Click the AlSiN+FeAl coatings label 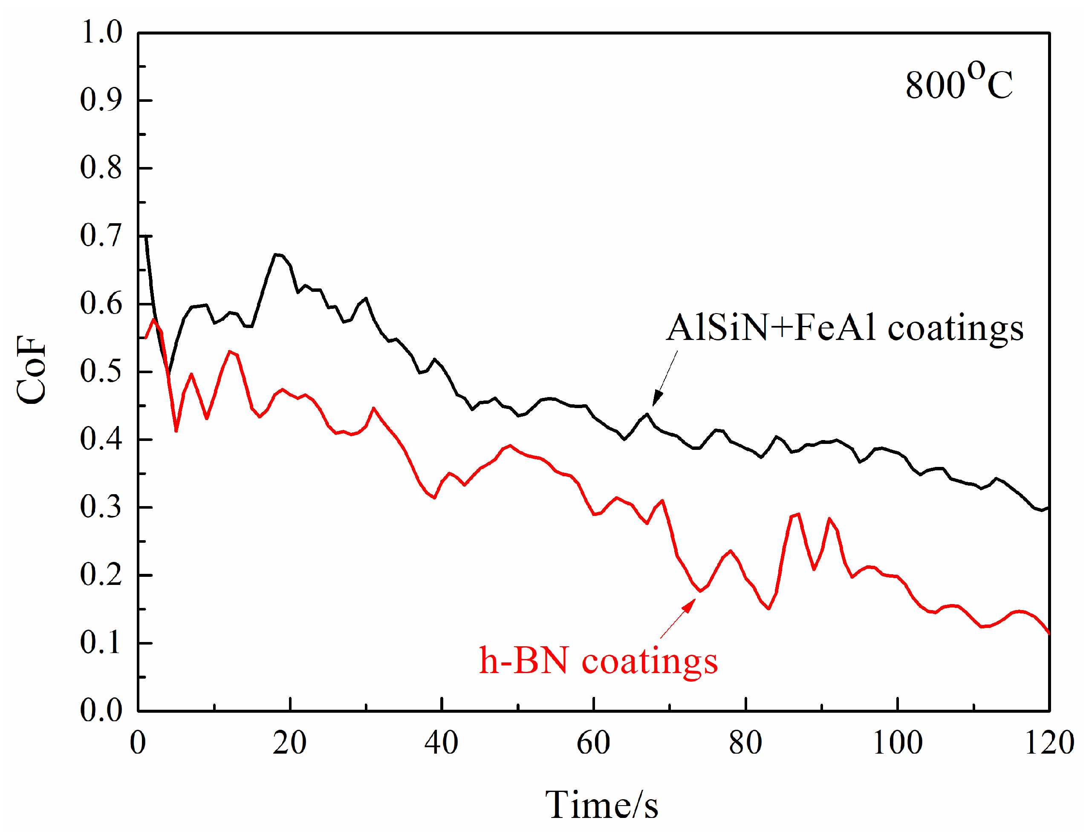(x=844, y=328)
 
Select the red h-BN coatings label (x=598, y=661)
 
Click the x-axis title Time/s (x=601, y=805)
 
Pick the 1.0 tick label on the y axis (x=101, y=33)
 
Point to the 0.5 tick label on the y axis (x=101, y=371)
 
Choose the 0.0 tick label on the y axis (x=101, y=710)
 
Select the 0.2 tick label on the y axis (x=101, y=575)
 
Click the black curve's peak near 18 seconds (x=276, y=255)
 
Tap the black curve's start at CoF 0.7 (x=146, y=237)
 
